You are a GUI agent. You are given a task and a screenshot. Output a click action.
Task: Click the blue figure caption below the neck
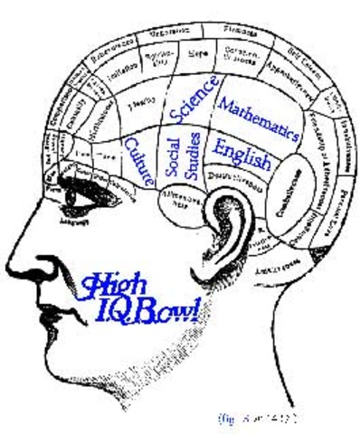258,418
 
